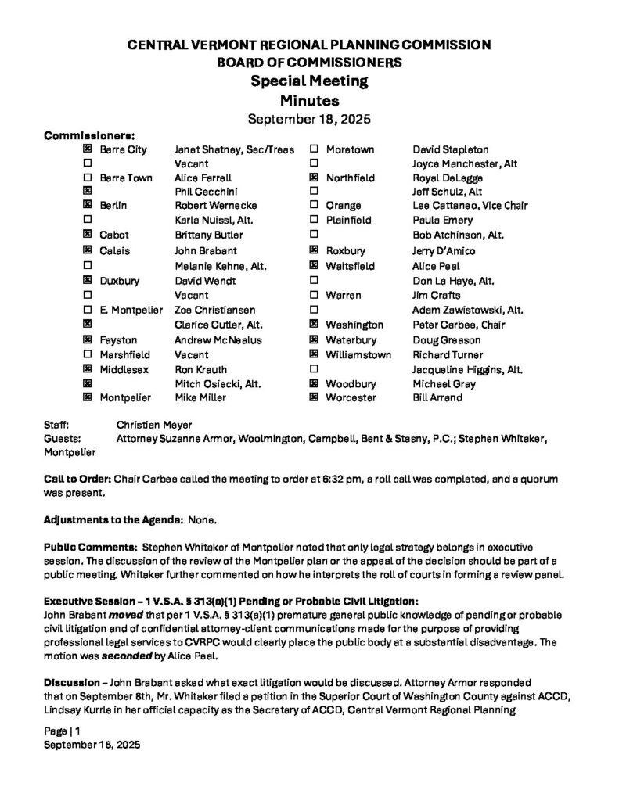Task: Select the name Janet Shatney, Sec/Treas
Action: [x=233, y=149]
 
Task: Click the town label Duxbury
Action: [x=120, y=280]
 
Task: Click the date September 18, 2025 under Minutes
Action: [x=308, y=120]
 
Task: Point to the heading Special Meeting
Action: [x=308, y=81]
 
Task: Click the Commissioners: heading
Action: [x=89, y=135]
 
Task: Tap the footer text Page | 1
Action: [x=62, y=731]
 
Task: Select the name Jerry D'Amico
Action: [x=443, y=251]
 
